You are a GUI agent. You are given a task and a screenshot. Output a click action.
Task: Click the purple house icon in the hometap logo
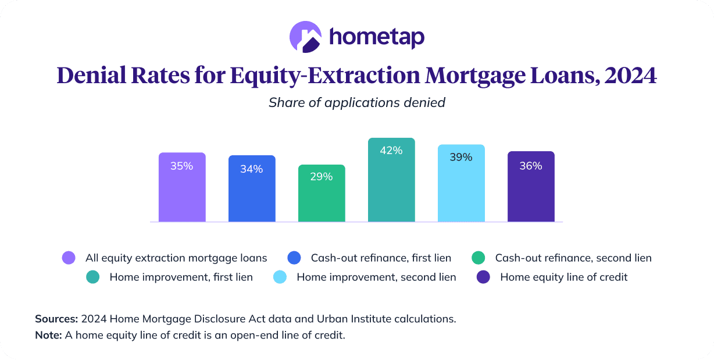[x=305, y=37]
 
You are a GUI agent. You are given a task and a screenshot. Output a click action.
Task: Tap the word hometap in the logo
[x=377, y=37]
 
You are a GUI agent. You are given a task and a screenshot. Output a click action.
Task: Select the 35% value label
[x=181, y=166]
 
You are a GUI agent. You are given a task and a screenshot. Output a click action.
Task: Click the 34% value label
[x=251, y=169]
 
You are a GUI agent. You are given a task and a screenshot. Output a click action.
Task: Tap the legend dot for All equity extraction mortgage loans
[x=69, y=258]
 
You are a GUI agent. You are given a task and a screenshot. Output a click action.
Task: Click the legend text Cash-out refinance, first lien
[x=381, y=258]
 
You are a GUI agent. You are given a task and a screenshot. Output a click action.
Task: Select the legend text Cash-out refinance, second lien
[x=573, y=258]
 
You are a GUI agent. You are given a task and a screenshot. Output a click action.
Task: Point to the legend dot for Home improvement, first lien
[x=92, y=277]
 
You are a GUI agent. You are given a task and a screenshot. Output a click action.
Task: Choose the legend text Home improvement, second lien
[x=376, y=277]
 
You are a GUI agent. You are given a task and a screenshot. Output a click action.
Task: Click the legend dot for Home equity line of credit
[x=483, y=277]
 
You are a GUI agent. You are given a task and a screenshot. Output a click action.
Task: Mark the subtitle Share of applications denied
[x=357, y=103]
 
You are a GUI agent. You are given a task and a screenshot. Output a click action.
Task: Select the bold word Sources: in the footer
[x=56, y=319]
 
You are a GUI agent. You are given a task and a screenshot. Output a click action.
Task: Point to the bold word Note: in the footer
[x=48, y=336]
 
